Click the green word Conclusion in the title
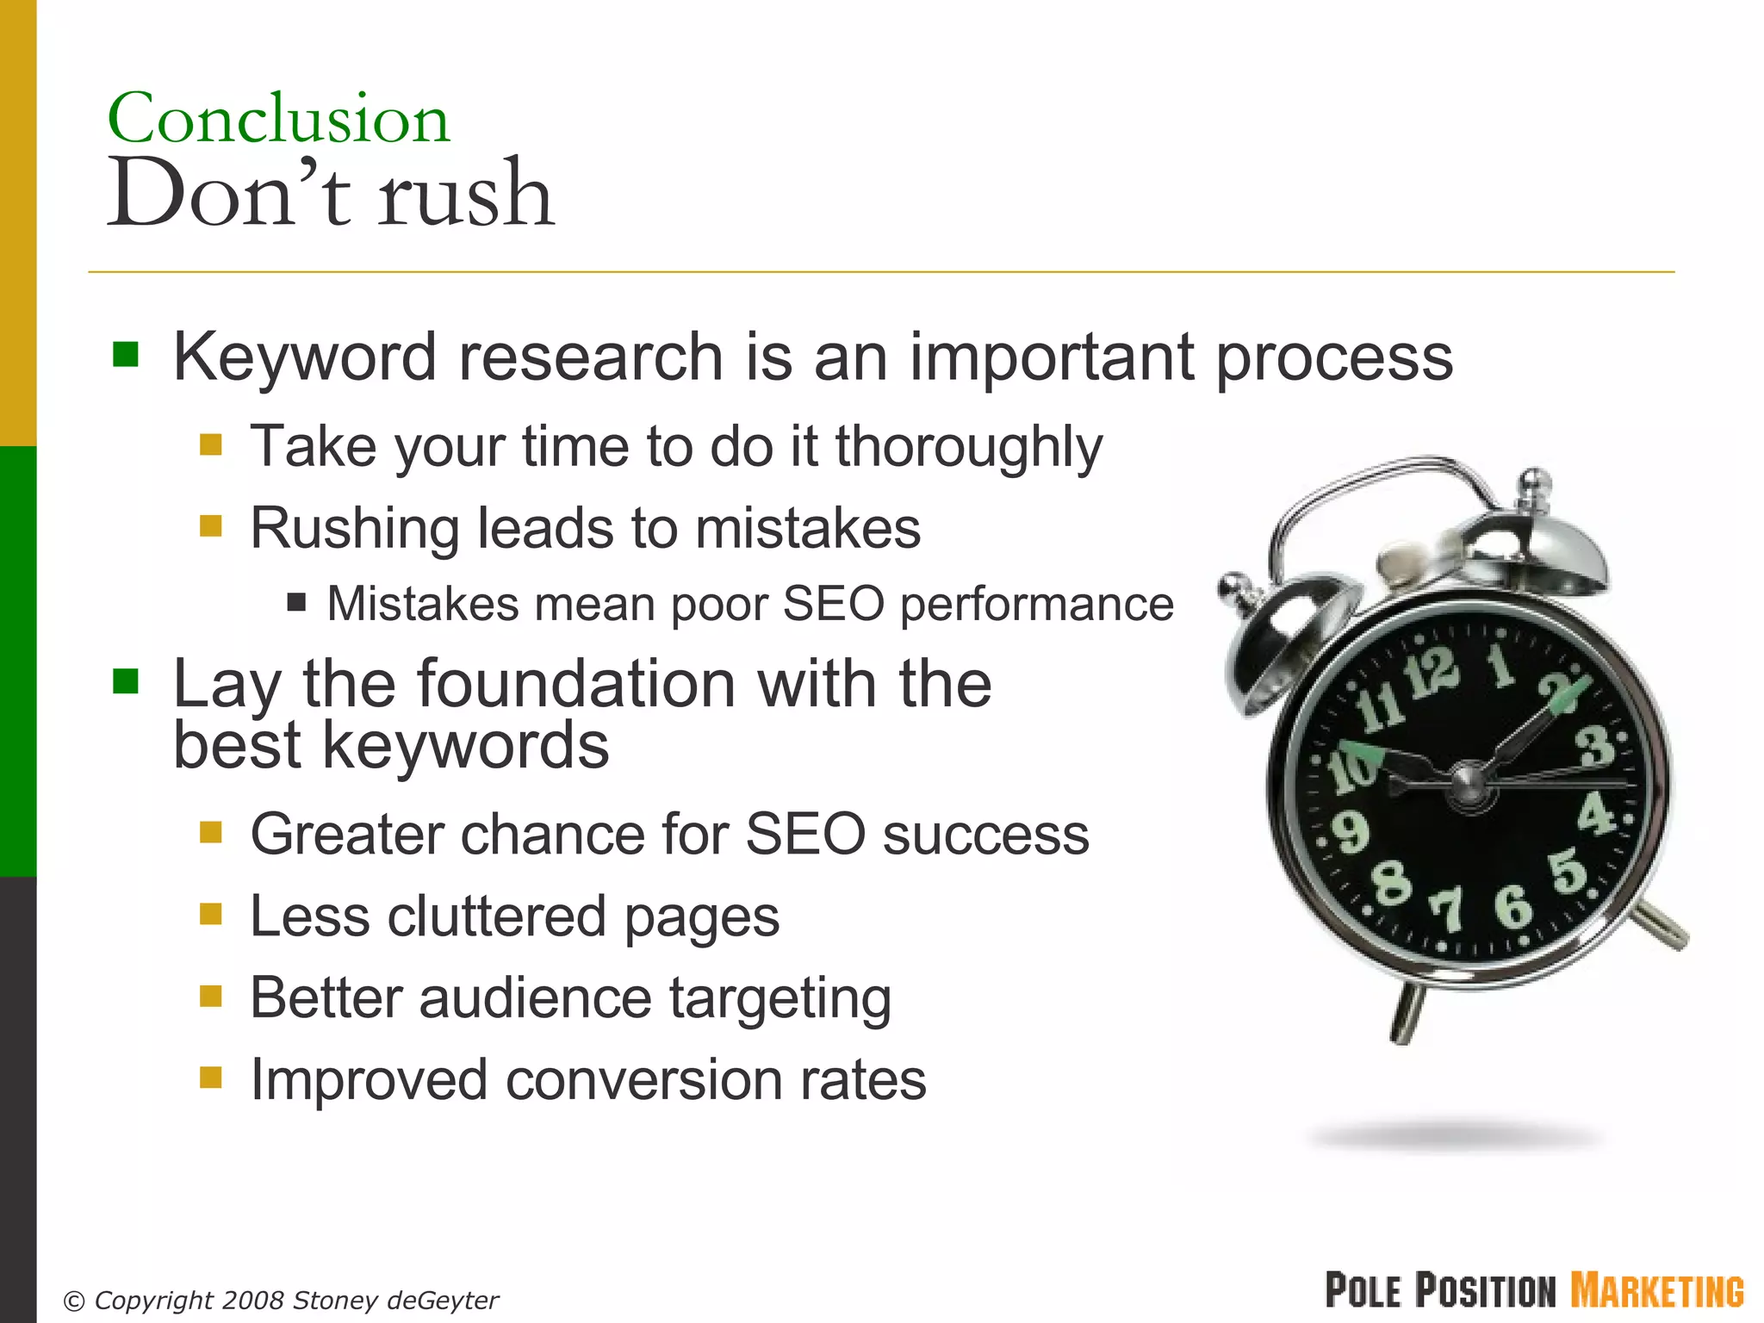click(278, 119)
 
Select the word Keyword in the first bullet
click(305, 357)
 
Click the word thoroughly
click(968, 448)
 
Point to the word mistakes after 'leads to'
click(807, 528)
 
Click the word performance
click(1036, 604)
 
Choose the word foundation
click(576, 684)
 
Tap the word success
click(985, 835)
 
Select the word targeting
click(780, 998)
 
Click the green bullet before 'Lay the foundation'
click(126, 682)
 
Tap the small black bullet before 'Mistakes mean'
click(296, 602)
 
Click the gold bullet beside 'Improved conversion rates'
click(211, 1078)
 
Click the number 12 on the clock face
click(1432, 672)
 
